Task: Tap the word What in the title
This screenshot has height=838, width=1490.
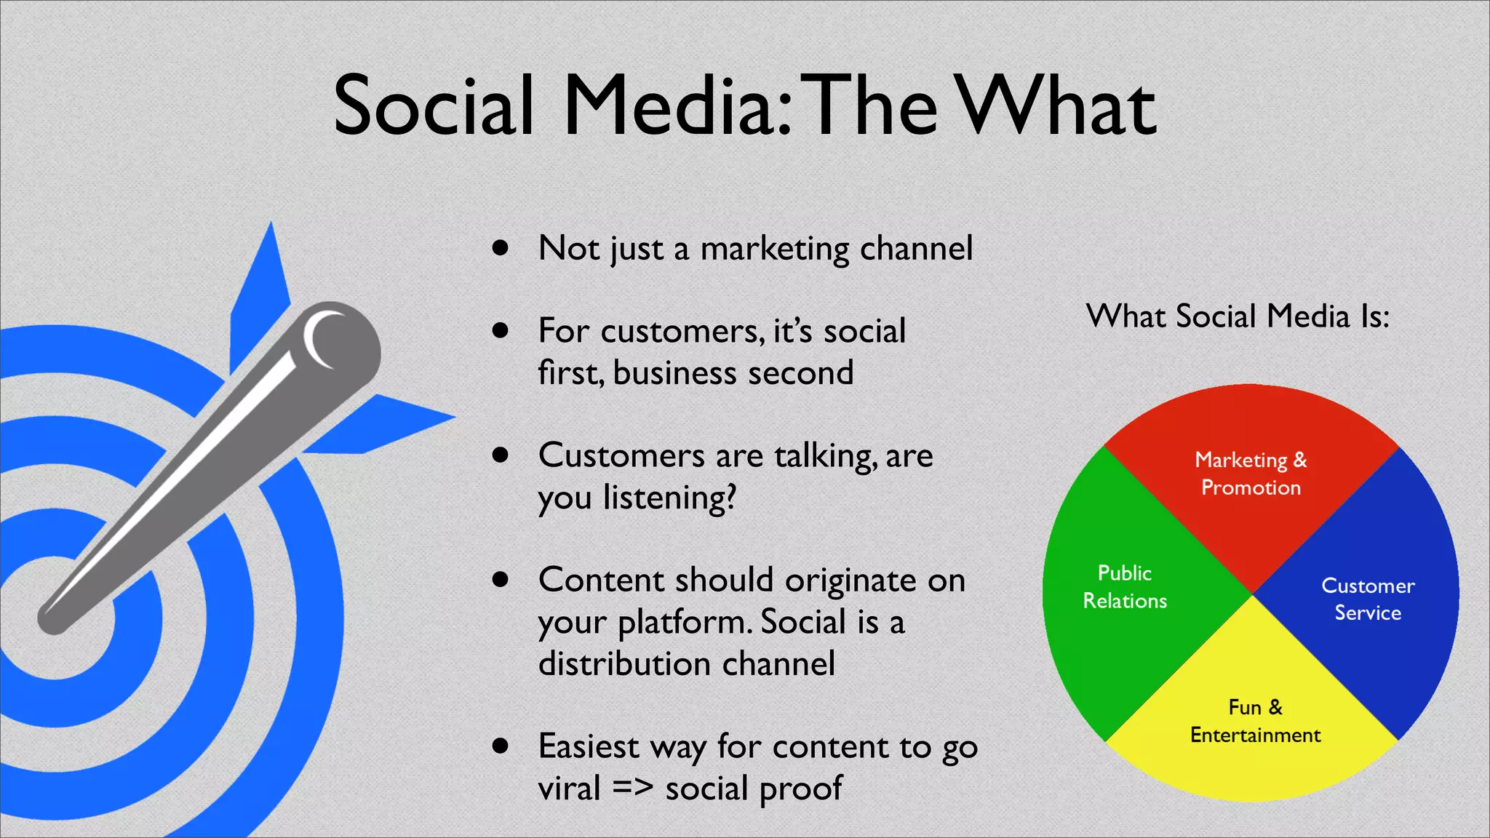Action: pos(1055,106)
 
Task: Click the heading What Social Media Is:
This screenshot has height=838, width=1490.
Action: pos(1238,316)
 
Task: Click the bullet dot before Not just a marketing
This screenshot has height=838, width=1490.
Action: pos(500,248)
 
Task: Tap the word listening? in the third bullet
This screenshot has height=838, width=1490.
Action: pos(669,498)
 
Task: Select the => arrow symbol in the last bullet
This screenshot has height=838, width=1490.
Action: pos(632,789)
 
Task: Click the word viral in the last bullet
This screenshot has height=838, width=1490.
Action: pos(569,789)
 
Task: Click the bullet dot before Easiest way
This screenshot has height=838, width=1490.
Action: pos(500,746)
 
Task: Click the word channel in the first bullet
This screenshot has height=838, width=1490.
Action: pos(916,249)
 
